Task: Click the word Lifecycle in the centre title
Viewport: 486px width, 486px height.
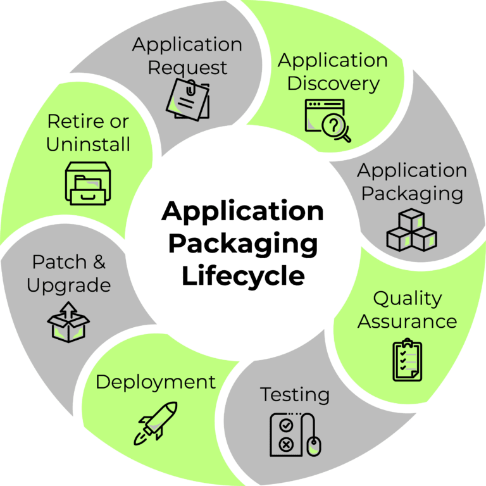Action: [243, 277]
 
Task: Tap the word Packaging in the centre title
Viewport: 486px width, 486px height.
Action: [243, 244]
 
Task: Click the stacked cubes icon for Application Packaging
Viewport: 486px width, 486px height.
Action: [411, 230]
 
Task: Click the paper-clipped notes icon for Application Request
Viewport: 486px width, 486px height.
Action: [187, 99]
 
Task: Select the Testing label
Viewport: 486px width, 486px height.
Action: [295, 395]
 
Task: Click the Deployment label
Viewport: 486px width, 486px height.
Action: [156, 382]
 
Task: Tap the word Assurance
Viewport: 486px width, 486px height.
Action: [407, 321]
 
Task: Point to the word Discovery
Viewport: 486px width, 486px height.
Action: [333, 83]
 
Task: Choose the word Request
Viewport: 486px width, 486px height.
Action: [187, 67]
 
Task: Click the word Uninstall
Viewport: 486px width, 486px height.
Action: [88, 144]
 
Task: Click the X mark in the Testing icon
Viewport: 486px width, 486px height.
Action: [285, 444]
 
